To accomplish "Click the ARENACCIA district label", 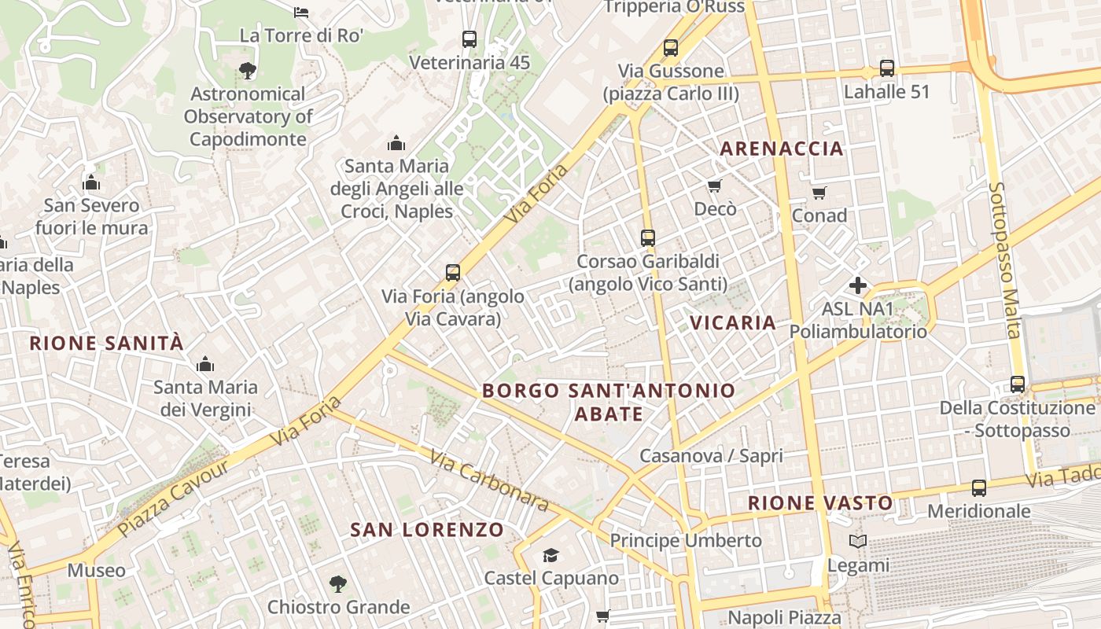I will [781, 149].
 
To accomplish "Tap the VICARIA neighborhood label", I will [733, 322].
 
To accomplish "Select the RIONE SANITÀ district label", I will [106, 343].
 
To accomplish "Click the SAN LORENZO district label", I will [426, 530].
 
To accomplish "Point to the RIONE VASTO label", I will [820, 503].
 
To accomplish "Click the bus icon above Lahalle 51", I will [887, 68].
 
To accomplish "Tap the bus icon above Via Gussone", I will [671, 48].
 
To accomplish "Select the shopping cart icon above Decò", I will [715, 186].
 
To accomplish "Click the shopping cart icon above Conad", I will [819, 193].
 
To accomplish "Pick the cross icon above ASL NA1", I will [858, 285].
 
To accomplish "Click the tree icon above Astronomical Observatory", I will [248, 71].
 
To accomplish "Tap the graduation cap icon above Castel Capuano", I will [550, 556].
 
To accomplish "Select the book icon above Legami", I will [858, 542].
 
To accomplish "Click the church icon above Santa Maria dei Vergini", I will [205, 364].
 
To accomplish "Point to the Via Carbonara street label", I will [488, 479].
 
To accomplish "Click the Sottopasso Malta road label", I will [1003, 259].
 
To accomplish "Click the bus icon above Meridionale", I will [979, 488].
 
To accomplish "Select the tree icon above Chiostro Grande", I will [338, 584].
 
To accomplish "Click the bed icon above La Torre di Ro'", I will [301, 13].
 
